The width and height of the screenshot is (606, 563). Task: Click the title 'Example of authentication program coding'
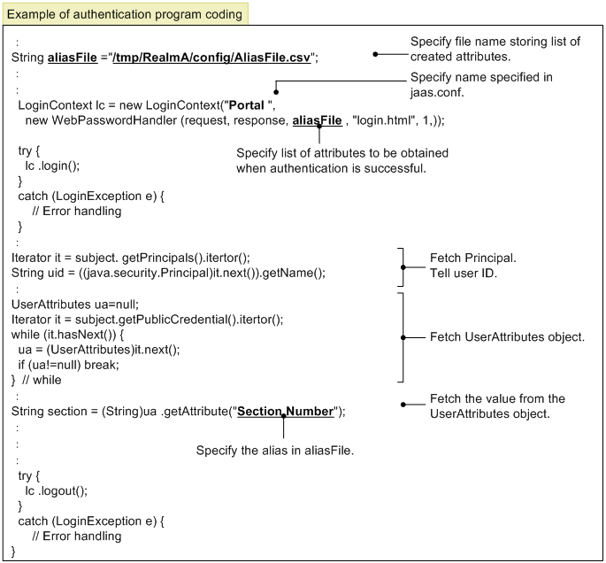click(x=125, y=14)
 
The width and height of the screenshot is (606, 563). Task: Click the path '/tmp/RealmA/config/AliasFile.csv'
click(x=211, y=58)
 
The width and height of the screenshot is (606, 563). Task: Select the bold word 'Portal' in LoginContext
click(x=247, y=105)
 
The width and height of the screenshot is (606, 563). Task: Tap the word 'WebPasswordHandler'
click(x=114, y=120)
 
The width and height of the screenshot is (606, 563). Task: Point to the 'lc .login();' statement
click(x=52, y=166)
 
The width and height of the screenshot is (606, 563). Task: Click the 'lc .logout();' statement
click(x=56, y=490)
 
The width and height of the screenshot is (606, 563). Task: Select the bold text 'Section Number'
click(x=285, y=412)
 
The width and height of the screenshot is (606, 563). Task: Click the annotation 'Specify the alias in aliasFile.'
click(x=275, y=451)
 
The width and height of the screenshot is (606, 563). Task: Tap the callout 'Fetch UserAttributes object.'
click(x=507, y=337)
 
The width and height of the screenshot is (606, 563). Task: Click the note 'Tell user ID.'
click(x=464, y=274)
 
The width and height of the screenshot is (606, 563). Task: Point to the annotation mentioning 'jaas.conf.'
click(x=481, y=85)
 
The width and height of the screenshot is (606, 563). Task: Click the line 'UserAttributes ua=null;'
click(x=75, y=305)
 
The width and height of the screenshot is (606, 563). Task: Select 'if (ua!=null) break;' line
click(x=69, y=365)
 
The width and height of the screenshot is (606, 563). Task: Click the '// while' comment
click(x=42, y=380)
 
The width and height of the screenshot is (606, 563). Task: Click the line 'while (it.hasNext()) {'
click(x=67, y=335)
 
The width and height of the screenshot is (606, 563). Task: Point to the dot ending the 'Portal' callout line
click(x=276, y=92)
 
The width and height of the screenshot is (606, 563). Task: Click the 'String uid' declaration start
click(x=37, y=273)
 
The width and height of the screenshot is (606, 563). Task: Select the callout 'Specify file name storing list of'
click(x=495, y=42)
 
